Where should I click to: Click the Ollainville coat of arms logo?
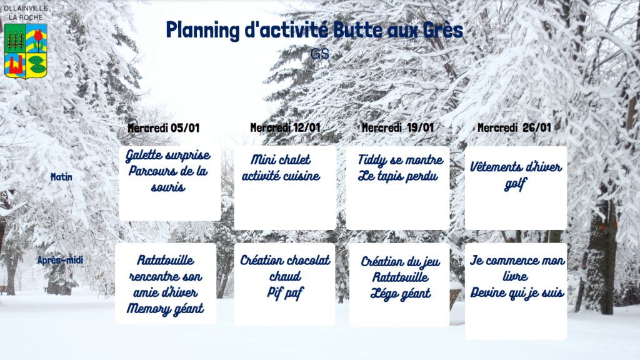(26, 51)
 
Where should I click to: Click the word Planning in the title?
(203, 31)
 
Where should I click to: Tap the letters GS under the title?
(319, 54)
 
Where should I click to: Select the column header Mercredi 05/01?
(163, 128)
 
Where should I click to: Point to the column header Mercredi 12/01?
(285, 127)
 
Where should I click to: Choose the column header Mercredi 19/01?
(397, 127)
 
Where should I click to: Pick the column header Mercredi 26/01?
(514, 127)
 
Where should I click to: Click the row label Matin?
(61, 177)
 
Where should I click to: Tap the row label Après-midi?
(60, 260)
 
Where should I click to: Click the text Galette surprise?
(167, 156)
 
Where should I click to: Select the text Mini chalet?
(281, 159)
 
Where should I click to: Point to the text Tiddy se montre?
(401, 160)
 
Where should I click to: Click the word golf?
(516, 185)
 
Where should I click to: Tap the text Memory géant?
(165, 309)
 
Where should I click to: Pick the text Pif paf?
(285, 293)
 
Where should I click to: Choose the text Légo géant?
(401, 294)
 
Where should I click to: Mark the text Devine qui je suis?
(517, 293)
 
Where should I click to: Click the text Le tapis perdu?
(398, 176)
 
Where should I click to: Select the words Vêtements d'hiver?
(516, 166)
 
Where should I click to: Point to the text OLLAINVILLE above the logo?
(26, 8)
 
